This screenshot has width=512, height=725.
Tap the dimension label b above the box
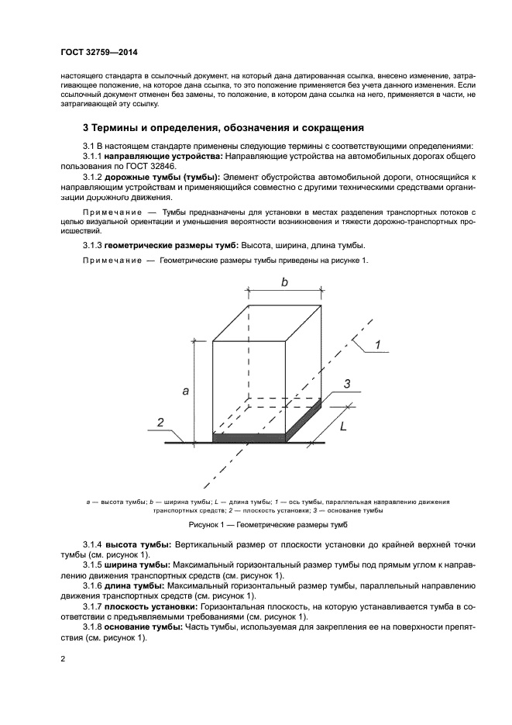(284, 284)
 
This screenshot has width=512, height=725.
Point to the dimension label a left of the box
(186, 392)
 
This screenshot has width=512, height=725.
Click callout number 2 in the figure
(160, 423)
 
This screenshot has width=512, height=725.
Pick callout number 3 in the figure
(347, 383)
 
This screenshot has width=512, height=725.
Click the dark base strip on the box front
(249, 439)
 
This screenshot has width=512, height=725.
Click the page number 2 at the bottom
(63, 659)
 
